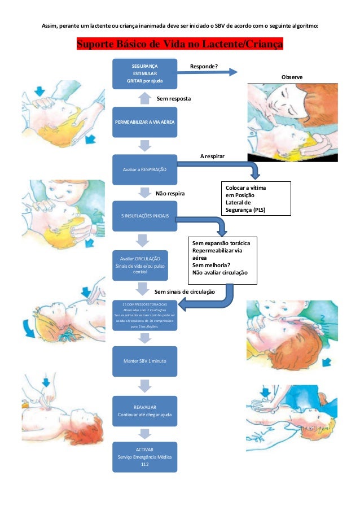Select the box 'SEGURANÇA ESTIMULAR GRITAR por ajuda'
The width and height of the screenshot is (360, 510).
coord(145,73)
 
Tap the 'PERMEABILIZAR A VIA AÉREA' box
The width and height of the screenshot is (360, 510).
coord(145,121)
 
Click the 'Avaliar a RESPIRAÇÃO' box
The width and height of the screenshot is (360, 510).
coord(145,169)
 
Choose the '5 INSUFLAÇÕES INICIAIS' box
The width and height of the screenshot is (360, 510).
coord(145,216)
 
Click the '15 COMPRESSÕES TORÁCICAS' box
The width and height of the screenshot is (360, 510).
coord(145,315)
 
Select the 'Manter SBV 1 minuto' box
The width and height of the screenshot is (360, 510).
coord(145,361)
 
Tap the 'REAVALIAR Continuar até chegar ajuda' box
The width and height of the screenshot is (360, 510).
coord(145,411)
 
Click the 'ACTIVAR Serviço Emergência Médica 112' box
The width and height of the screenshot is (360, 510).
coord(145,456)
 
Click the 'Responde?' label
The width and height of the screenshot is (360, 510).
coord(204,66)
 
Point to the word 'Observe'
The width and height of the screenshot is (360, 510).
coord(292,77)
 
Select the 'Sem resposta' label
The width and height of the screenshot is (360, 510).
coord(173,99)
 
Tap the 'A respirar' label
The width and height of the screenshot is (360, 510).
coord(213,154)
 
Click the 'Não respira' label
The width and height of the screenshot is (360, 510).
coord(170,194)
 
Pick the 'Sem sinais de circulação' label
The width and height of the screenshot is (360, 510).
coord(185,292)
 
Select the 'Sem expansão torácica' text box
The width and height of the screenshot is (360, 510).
coord(224,259)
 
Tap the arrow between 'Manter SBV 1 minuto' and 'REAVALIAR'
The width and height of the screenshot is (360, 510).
coord(145,386)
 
